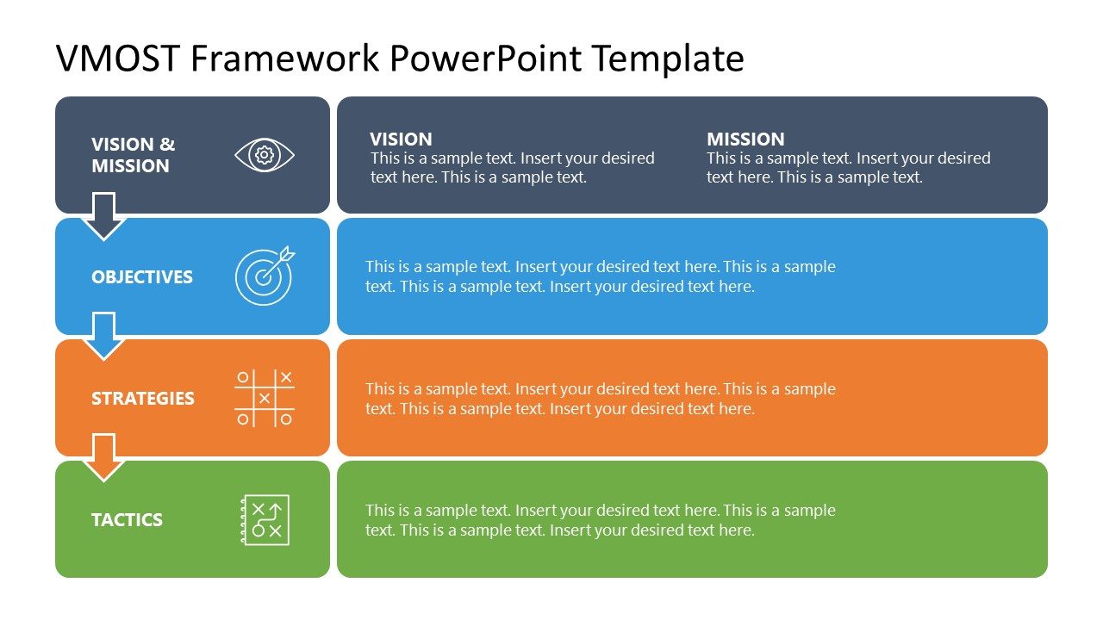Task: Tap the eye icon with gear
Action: pyautogui.click(x=265, y=155)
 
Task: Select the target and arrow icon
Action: pyautogui.click(x=265, y=276)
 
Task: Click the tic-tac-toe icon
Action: pyautogui.click(x=265, y=398)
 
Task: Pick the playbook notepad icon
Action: pyautogui.click(x=265, y=519)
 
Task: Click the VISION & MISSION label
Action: pyautogui.click(x=133, y=155)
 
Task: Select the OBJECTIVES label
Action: pyautogui.click(x=142, y=277)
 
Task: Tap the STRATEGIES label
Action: pyautogui.click(x=143, y=399)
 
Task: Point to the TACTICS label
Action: pyautogui.click(x=127, y=520)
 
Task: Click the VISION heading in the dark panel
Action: pyautogui.click(x=401, y=139)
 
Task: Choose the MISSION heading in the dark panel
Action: pyautogui.click(x=745, y=139)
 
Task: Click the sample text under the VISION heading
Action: pyautogui.click(x=512, y=168)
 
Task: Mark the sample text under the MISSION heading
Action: pyautogui.click(x=848, y=168)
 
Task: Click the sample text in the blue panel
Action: pyautogui.click(x=600, y=276)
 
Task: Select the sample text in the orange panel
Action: pyautogui.click(x=600, y=399)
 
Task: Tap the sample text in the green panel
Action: pyautogui.click(x=600, y=520)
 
